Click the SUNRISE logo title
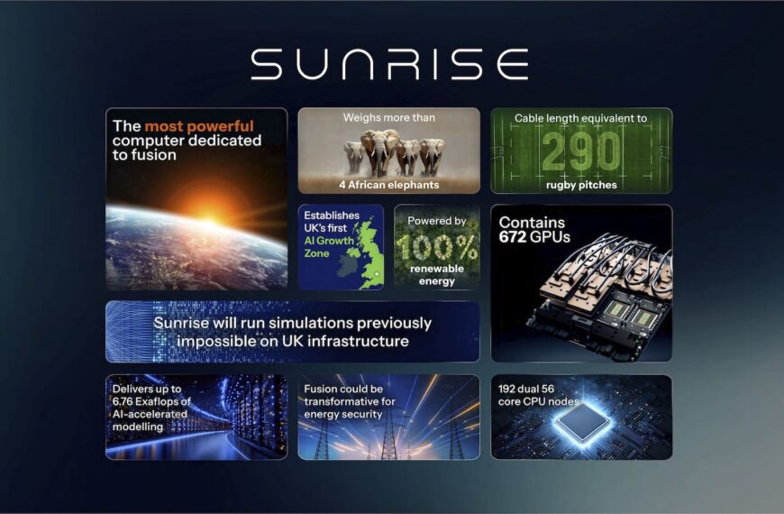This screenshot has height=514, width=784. pos(389,65)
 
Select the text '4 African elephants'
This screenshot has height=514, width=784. pos(389,185)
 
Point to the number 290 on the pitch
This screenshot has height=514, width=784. pos(580,151)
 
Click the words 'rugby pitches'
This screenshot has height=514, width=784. pos(580,185)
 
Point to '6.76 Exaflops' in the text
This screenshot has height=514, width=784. pos(150,401)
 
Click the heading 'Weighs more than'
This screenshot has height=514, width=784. pos(389,118)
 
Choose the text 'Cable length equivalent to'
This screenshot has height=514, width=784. pos(580,118)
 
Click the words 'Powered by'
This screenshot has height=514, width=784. pos(436,221)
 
